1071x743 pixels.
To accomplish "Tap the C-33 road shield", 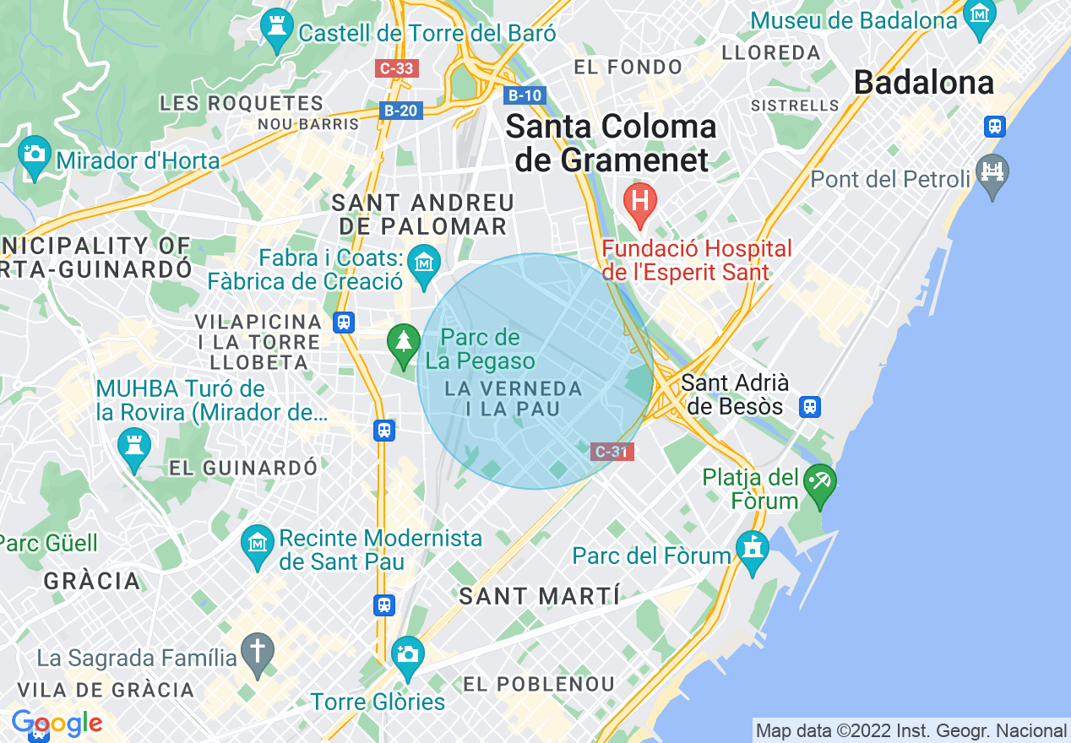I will (x=396, y=68).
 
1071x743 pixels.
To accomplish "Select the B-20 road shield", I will (x=400, y=110).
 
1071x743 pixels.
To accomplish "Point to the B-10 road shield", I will (x=524, y=95).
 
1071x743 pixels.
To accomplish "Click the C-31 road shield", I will (x=612, y=452).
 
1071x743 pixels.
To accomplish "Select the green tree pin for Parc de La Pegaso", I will (x=404, y=342).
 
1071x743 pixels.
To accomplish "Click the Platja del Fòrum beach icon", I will (x=820, y=484).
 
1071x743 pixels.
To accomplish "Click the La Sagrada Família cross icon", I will (x=258, y=653).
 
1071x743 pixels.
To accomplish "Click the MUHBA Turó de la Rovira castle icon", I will (x=133, y=445).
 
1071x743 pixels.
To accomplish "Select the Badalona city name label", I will (x=923, y=83).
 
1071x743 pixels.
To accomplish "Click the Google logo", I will (x=57, y=724).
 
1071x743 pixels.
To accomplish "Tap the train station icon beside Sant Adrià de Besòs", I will (x=811, y=407).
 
